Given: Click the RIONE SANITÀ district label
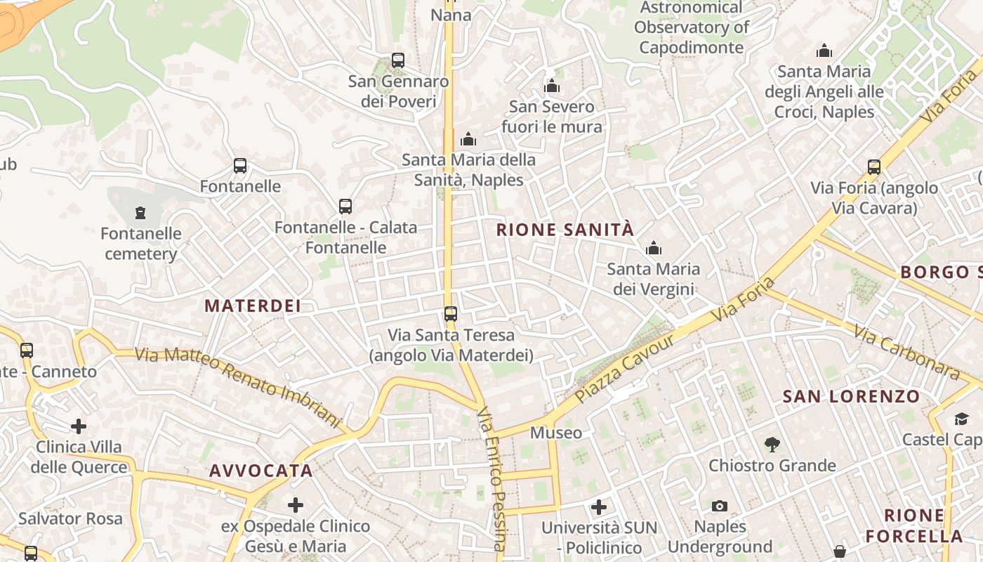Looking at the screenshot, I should [x=565, y=230].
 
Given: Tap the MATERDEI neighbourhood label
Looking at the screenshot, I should [x=253, y=306].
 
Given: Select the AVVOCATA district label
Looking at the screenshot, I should [x=261, y=471].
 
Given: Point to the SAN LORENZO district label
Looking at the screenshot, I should [x=851, y=396].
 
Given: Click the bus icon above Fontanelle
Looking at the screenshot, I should [x=240, y=166].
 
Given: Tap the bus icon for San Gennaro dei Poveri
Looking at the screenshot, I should [x=398, y=60].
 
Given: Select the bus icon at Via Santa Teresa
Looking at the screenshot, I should [x=451, y=314].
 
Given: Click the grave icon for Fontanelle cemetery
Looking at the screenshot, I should [x=140, y=212].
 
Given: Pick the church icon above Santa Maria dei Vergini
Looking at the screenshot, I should [x=654, y=248].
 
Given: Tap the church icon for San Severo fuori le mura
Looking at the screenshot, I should [x=552, y=86].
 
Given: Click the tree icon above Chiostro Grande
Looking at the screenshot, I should [x=772, y=444].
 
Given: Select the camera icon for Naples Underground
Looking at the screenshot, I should [x=720, y=506].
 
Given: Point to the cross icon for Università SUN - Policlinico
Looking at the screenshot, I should [x=599, y=507].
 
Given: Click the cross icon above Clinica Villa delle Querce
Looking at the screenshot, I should [x=79, y=426].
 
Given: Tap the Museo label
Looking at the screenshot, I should [x=556, y=433].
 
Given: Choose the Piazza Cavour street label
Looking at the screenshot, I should [x=624, y=368].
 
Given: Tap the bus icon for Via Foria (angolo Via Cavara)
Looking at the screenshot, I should [x=874, y=167].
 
